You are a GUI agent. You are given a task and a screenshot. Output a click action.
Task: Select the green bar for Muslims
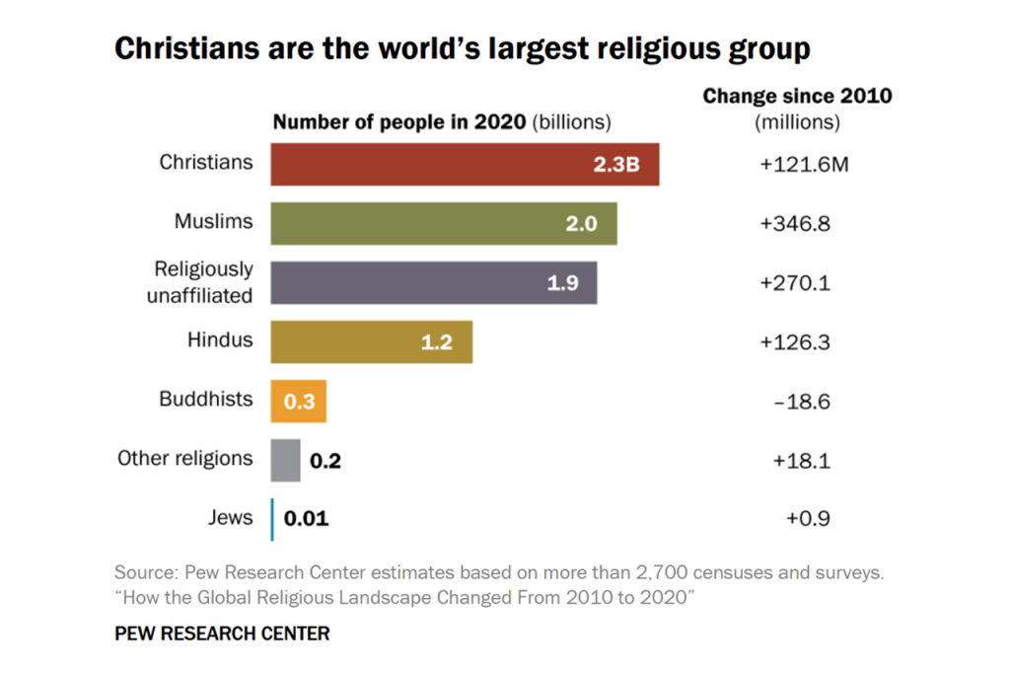pos(444,223)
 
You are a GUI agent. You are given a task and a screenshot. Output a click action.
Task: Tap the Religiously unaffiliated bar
pos(434,282)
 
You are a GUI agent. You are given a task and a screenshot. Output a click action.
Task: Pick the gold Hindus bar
pos(372,341)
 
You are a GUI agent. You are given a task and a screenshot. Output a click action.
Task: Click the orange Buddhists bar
pos(299,401)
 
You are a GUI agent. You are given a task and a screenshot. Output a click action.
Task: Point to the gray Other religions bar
pos(286,460)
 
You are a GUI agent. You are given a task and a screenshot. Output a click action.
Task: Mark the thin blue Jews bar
pos(273,519)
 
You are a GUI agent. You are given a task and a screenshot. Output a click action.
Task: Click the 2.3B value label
pos(616,164)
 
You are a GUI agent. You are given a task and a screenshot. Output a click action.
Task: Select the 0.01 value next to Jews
pos(307,519)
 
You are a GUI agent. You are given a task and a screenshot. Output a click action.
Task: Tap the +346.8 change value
pos(795,223)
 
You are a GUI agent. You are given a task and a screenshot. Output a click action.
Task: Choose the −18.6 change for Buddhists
pos(795,401)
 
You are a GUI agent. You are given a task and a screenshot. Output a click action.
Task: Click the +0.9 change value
pos(795,519)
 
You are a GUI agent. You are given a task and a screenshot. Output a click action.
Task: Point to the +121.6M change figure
pos(804,164)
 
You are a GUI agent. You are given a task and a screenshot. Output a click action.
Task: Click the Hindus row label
pos(220,340)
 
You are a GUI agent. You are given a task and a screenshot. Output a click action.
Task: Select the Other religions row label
pos(185,459)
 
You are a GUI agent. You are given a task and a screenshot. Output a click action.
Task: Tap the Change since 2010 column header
pos(797,97)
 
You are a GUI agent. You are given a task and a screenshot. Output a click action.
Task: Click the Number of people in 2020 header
pos(400,123)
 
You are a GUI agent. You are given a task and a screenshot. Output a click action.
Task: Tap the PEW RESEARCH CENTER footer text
pos(222,634)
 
